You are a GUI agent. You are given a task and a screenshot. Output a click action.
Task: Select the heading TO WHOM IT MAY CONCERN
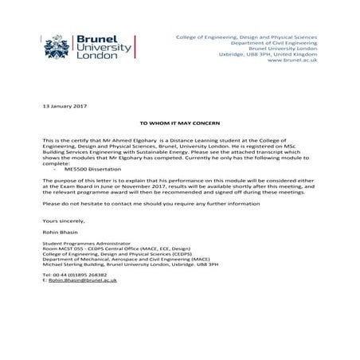coord(179,125)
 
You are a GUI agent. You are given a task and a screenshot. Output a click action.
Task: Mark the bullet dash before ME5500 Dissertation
coord(54,170)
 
